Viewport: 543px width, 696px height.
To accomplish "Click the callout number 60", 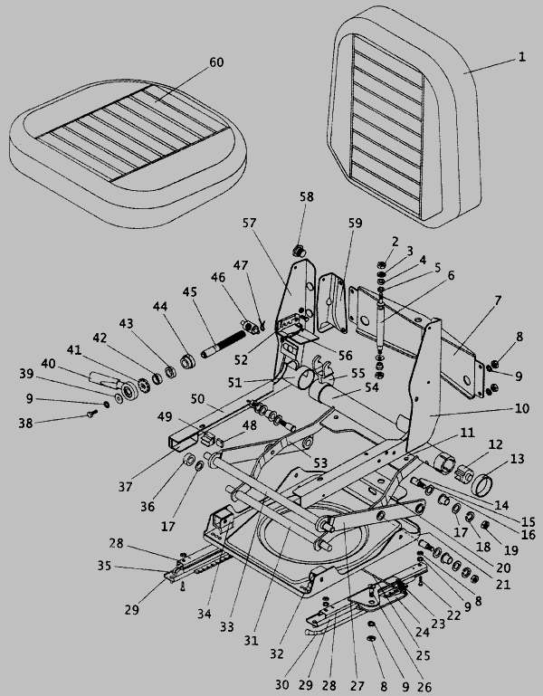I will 215,62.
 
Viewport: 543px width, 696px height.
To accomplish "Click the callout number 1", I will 521,56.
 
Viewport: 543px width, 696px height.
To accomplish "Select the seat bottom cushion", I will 127,136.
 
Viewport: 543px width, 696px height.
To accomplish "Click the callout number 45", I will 189,291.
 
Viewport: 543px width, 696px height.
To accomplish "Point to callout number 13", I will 519,460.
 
